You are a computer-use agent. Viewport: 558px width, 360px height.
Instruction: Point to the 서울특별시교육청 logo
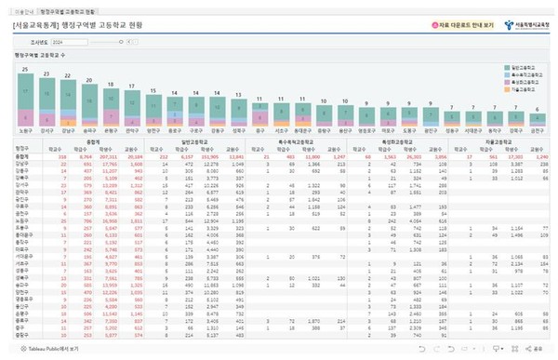coord(526,25)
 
